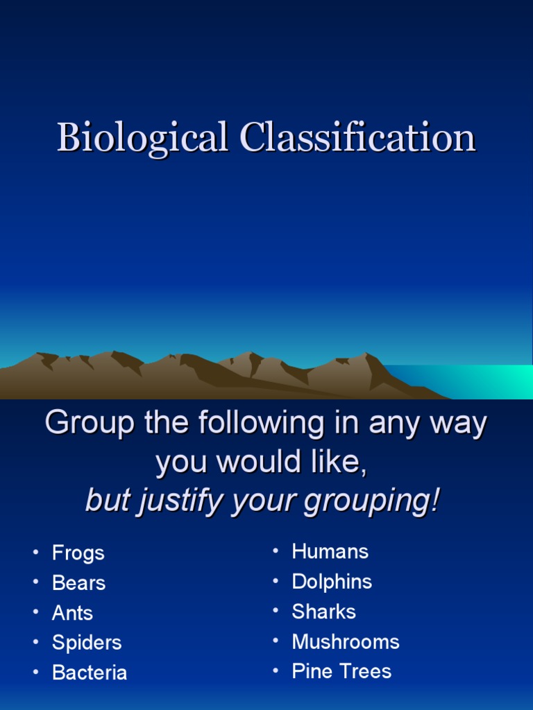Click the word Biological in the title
coord(142,137)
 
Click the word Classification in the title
coord(357,137)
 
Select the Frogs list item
coord(78,553)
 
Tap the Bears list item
coord(78,583)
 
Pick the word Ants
coord(72,613)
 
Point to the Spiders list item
coord(87,643)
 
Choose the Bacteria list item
coord(90,673)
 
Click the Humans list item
coord(330,552)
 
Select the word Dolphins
coord(332,582)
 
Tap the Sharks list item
coord(323,612)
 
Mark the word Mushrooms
coord(346,642)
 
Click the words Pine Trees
coord(341,671)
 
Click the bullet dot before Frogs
coord(35,553)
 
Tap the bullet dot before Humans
coord(276,552)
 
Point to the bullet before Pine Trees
coord(276,671)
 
